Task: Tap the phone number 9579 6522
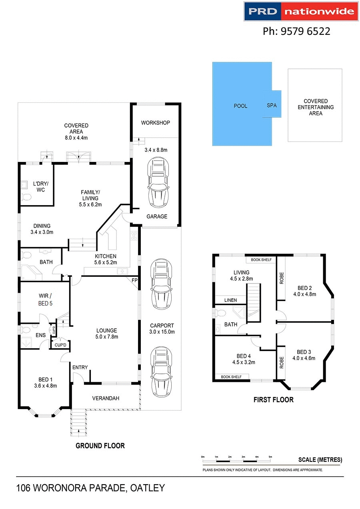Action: pos(296,31)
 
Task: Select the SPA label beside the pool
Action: pos(272,106)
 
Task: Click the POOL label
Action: pos(240,106)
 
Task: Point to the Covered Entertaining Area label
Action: pos(315,107)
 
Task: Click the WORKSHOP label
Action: pos(155,123)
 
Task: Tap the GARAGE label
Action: pos(156,216)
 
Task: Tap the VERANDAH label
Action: pos(106,398)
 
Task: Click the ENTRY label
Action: pos(80,367)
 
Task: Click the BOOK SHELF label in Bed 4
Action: pos(232,377)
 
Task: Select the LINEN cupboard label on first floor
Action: pos(230,300)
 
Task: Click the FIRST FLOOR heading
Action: pos(274,399)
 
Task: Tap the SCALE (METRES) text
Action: pos(320,460)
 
